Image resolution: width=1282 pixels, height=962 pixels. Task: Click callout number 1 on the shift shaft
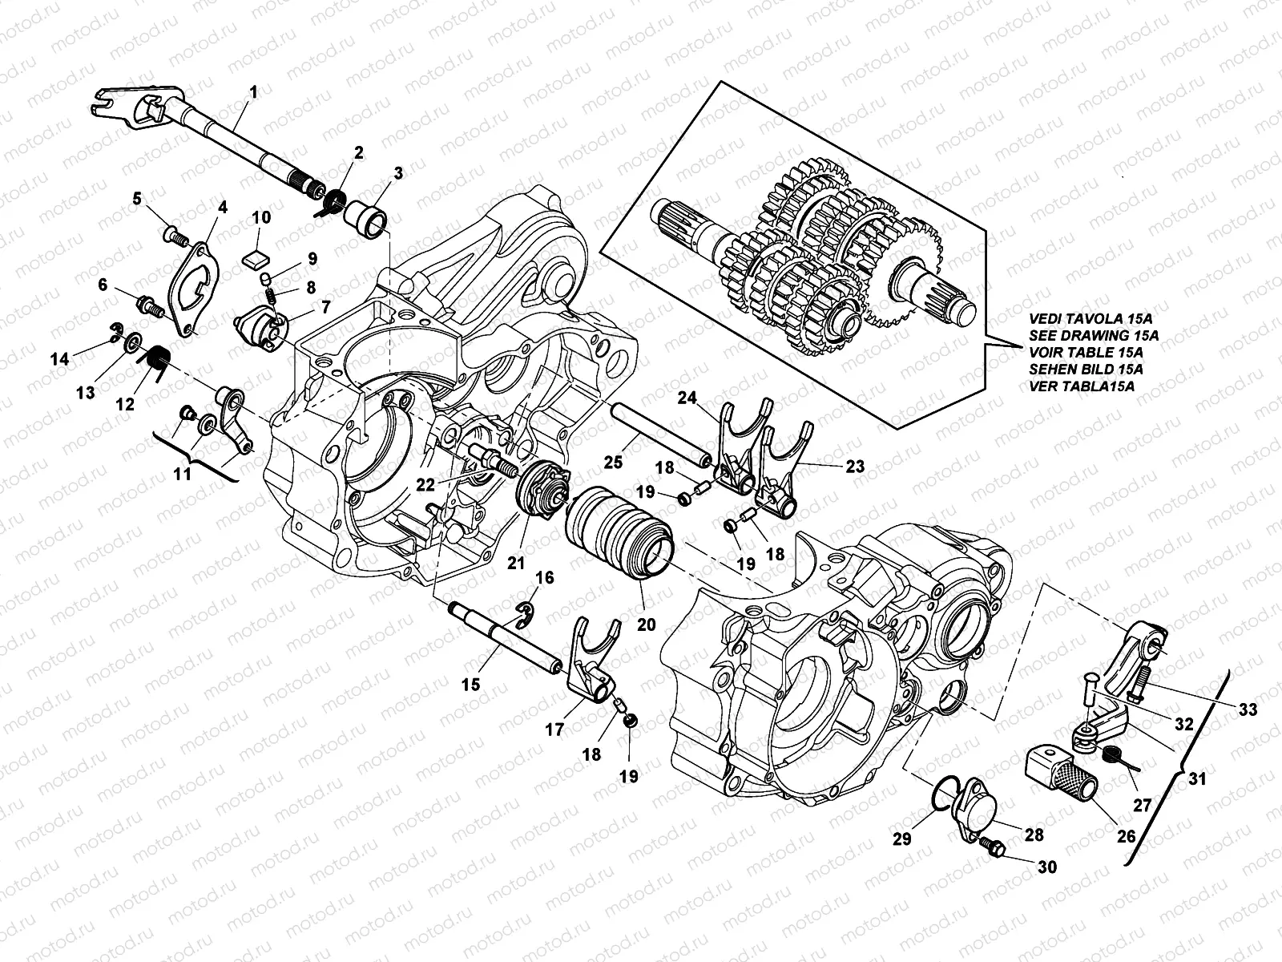tap(253, 93)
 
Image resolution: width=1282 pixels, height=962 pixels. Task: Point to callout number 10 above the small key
tap(261, 217)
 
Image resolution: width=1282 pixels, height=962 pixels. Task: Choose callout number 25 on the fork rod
tap(612, 463)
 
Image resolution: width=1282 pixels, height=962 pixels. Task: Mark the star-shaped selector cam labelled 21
tap(542, 491)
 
